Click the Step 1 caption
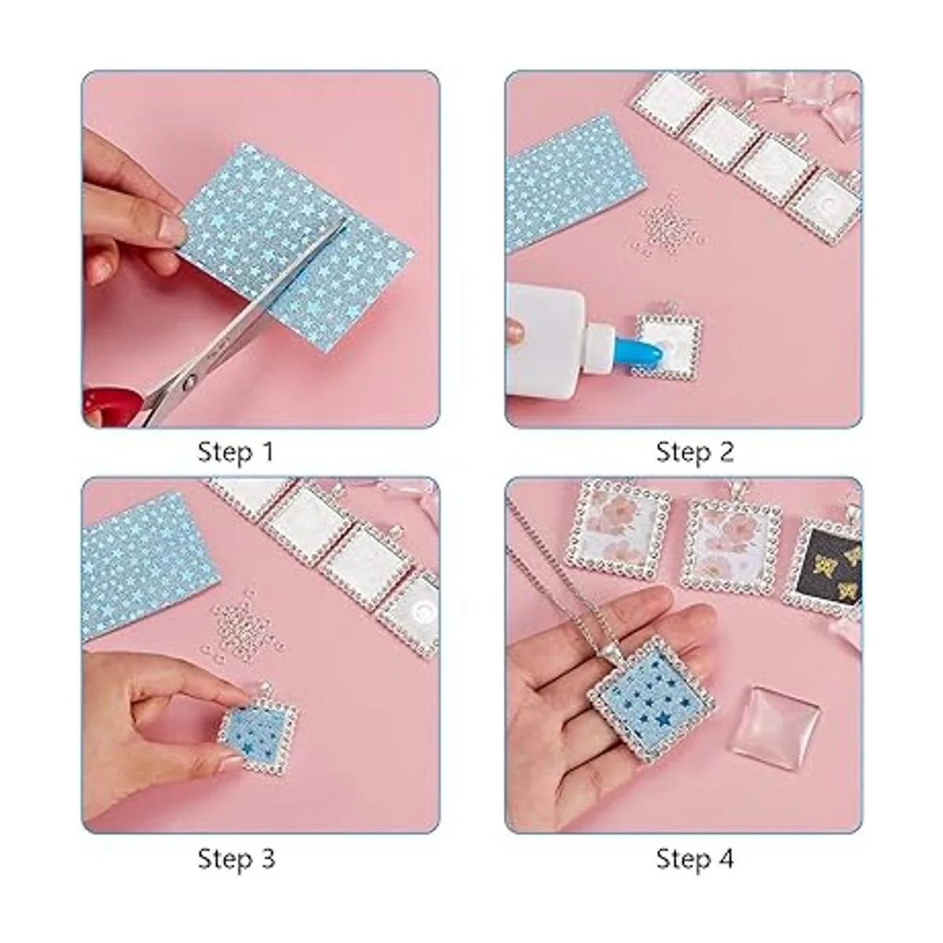[236, 451]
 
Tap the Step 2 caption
[695, 451]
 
